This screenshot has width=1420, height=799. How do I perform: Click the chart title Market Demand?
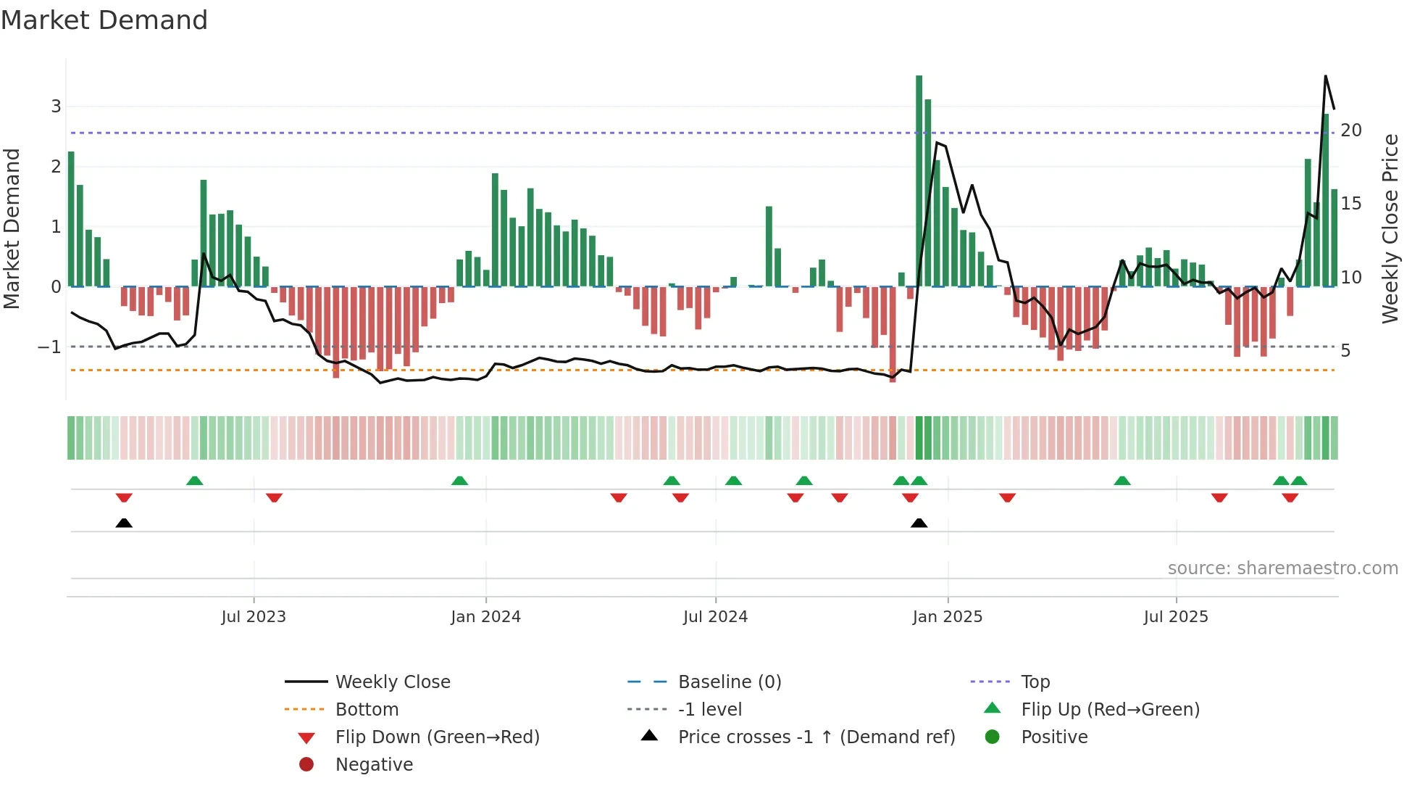104,20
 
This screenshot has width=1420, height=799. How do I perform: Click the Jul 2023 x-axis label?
254,617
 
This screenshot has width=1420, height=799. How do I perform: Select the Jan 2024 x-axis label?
485,617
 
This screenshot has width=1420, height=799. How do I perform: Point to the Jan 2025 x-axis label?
947,617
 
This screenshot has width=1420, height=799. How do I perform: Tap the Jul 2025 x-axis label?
1176,617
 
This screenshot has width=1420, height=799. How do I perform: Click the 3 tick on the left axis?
56,107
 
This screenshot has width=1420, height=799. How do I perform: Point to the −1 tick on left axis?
50,347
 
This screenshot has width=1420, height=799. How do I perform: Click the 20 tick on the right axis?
1350,131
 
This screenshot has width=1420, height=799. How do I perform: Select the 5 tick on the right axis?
1345,351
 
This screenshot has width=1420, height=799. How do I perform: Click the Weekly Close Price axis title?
1390,228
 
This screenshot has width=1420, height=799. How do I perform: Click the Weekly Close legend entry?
392,682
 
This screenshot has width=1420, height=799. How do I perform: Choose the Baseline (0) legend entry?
729,682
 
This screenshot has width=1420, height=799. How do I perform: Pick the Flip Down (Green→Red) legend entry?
437,737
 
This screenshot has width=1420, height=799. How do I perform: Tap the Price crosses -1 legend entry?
816,737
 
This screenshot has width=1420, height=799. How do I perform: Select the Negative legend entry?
374,765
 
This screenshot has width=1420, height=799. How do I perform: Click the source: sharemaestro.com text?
1282,568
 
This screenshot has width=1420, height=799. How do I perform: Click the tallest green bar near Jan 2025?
919,181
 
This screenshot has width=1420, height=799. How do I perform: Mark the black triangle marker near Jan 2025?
919,523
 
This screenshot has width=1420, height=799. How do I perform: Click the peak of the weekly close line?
1325,76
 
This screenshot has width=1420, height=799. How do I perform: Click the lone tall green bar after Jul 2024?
769,247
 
